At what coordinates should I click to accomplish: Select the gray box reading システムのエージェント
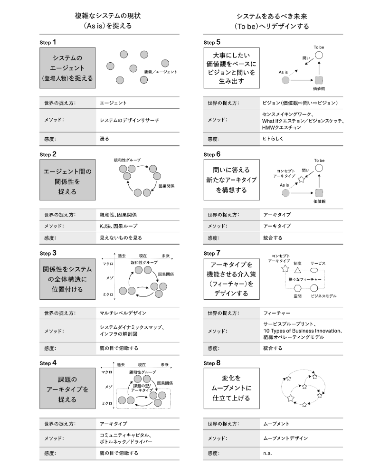pos(68,67)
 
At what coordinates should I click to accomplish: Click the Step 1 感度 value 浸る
pos(104,139)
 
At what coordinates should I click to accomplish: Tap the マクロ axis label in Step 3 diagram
pos(107,263)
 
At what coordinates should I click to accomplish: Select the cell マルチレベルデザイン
pos(123,313)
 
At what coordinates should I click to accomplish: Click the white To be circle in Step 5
pos(319,56)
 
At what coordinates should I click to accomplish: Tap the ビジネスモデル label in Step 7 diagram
pos(323,295)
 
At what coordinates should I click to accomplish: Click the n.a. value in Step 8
pos(267,454)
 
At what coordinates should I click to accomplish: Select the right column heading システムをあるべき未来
pos(271,16)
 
